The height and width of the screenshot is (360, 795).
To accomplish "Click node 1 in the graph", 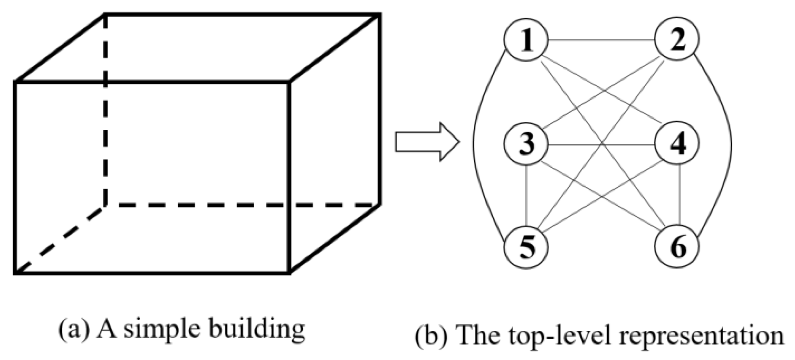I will [526, 40].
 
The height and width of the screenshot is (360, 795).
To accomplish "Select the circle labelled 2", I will [676, 39].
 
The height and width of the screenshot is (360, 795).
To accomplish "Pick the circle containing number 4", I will [676, 144].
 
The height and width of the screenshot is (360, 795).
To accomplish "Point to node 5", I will [526, 247].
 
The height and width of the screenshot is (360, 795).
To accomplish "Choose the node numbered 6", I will [676, 246].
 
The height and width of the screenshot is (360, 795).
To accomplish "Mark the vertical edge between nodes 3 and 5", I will [526, 195].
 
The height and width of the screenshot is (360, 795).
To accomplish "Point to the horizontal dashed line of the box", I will [242, 205].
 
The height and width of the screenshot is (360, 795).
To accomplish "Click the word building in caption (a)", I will [257, 330].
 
